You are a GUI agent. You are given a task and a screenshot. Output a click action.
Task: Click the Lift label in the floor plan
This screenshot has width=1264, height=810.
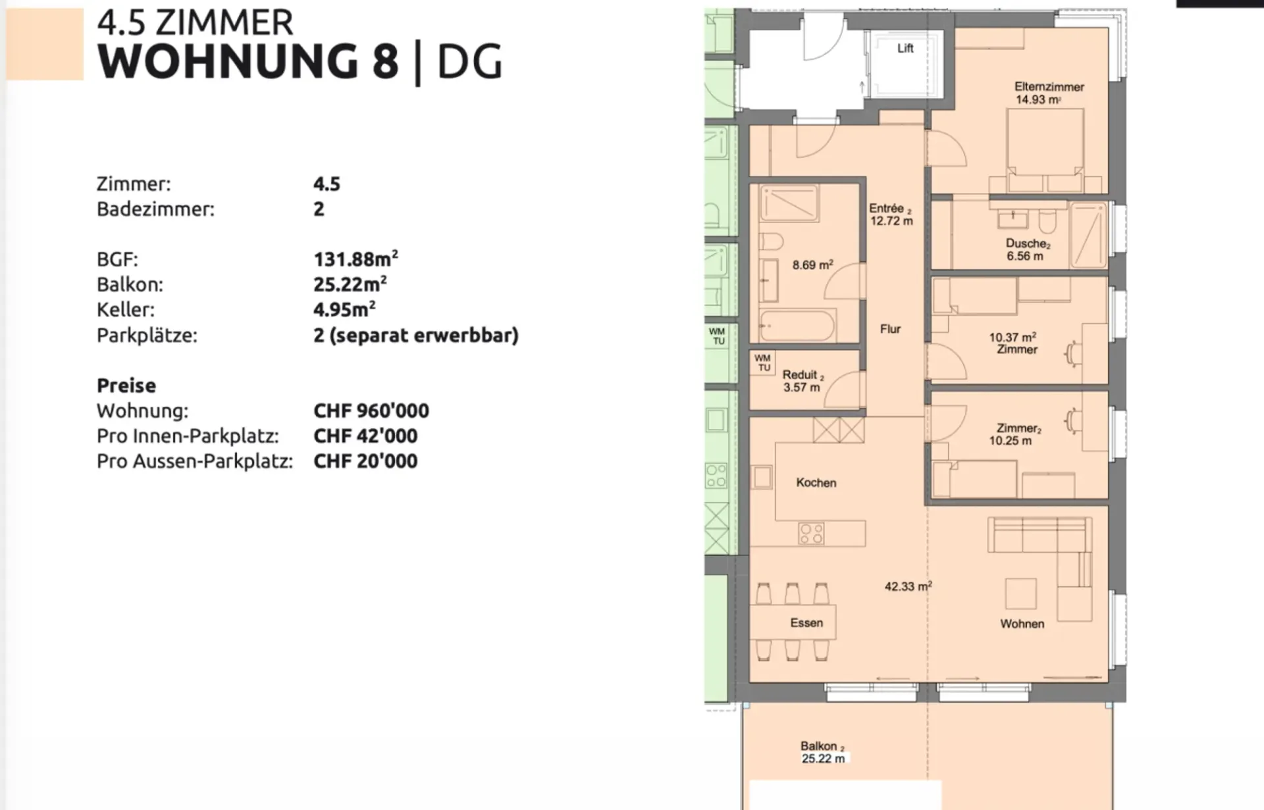point(905,48)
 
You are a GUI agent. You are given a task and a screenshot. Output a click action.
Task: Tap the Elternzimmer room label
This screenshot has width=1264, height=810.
point(1049,87)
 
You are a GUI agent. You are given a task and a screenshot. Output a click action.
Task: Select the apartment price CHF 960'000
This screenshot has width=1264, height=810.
point(371,411)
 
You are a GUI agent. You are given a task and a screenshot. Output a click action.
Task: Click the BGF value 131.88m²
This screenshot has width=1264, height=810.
point(355,259)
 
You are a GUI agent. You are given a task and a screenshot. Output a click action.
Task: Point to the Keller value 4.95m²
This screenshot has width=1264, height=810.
point(344,309)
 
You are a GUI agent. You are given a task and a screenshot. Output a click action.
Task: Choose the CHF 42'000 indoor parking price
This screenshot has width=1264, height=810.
point(365,436)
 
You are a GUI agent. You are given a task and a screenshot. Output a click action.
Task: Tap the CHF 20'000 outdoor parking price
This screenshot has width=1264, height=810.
point(365,461)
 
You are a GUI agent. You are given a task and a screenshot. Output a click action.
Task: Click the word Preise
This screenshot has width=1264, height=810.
point(126,386)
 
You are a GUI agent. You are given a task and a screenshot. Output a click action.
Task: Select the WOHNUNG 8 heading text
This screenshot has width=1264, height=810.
point(248,61)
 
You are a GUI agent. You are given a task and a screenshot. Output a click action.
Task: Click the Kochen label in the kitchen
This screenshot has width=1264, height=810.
point(816,482)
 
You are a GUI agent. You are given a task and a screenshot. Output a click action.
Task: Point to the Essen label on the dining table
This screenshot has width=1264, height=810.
point(806,622)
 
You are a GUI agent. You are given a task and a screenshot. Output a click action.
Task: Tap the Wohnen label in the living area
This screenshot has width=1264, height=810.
point(1022,624)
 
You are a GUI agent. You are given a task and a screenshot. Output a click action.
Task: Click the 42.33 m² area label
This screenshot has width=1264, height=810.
point(908,586)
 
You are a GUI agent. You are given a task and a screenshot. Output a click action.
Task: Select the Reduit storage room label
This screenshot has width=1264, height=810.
point(800,374)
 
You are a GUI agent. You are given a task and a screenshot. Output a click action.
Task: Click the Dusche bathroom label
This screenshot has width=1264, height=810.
point(1027,243)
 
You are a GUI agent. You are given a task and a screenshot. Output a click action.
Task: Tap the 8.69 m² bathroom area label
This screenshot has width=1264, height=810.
point(813,265)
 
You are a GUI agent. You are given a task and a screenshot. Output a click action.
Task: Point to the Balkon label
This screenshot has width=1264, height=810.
point(820,746)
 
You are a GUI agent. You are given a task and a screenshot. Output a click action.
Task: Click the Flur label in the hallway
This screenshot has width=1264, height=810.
point(890,329)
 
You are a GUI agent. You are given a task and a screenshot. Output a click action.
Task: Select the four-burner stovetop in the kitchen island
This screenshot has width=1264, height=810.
point(811,533)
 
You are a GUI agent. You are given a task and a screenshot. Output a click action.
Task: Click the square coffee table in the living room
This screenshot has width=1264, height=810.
point(1020,594)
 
